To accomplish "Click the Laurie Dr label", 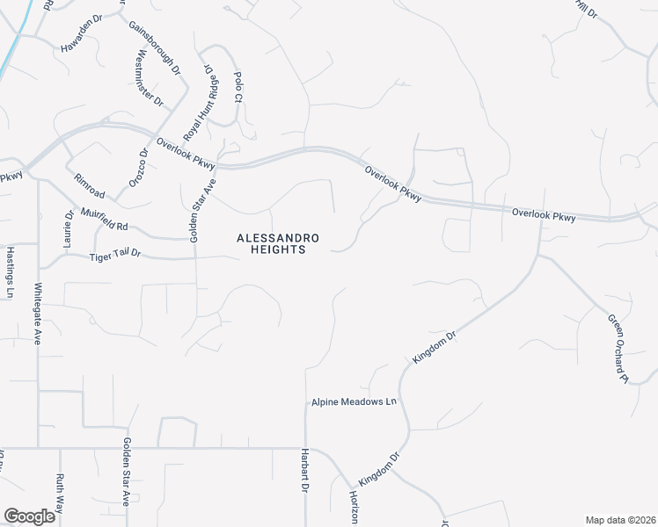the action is [x=68, y=227].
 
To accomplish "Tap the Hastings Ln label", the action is [x=11, y=272].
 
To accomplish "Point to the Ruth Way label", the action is [x=60, y=492].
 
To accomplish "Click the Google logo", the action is [x=29, y=516].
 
